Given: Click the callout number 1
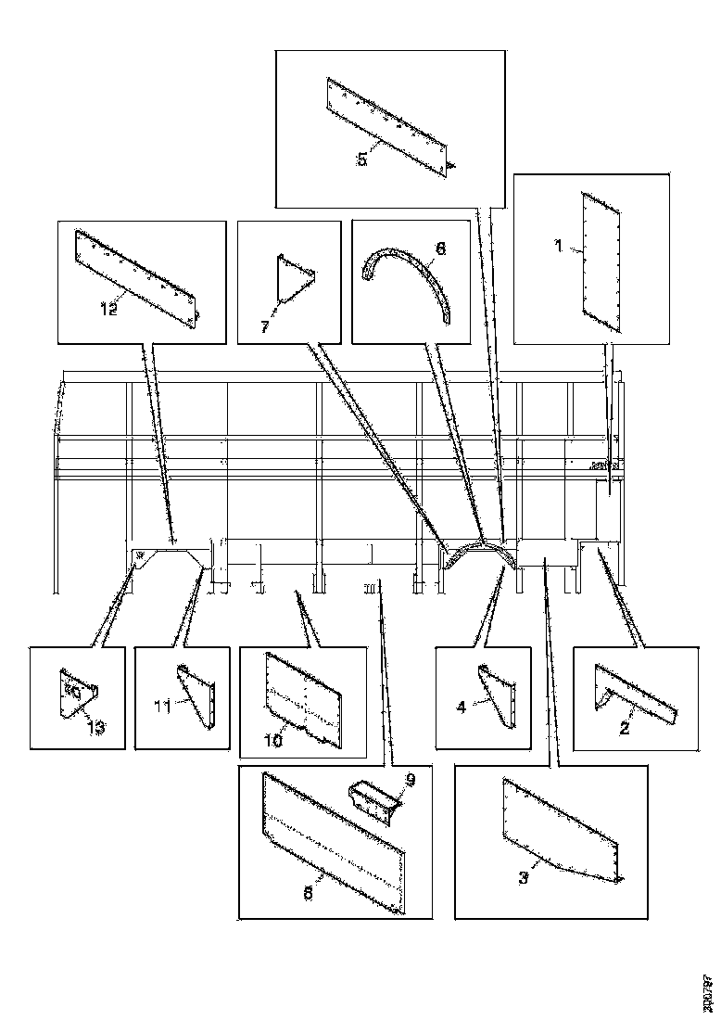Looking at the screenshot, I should point(558,247).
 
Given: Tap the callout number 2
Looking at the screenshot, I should point(625,728).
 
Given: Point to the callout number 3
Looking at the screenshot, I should point(524,877).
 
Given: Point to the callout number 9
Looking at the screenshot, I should point(410,780).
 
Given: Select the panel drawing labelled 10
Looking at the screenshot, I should point(306,695).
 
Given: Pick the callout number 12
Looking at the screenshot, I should point(109,310).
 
